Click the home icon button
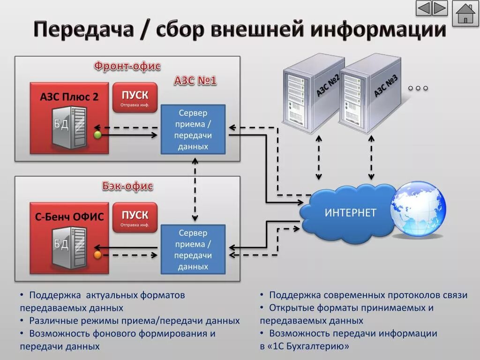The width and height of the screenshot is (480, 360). tap(465, 14)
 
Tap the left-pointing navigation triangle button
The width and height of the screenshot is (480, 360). tap(424, 8)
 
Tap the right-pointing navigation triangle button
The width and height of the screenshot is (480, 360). tap(440, 8)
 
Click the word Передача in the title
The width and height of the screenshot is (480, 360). tap(83, 30)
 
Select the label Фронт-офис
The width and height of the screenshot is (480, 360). tap(127, 66)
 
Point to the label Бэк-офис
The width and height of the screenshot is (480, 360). tap(127, 186)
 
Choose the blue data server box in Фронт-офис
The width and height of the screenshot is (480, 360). tap(193, 130)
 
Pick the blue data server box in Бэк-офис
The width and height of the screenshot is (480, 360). tap(193, 249)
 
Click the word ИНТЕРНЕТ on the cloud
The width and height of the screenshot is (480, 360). tap(350, 213)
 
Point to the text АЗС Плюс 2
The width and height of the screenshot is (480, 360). tap(69, 97)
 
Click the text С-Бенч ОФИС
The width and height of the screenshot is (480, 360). tap(69, 217)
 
